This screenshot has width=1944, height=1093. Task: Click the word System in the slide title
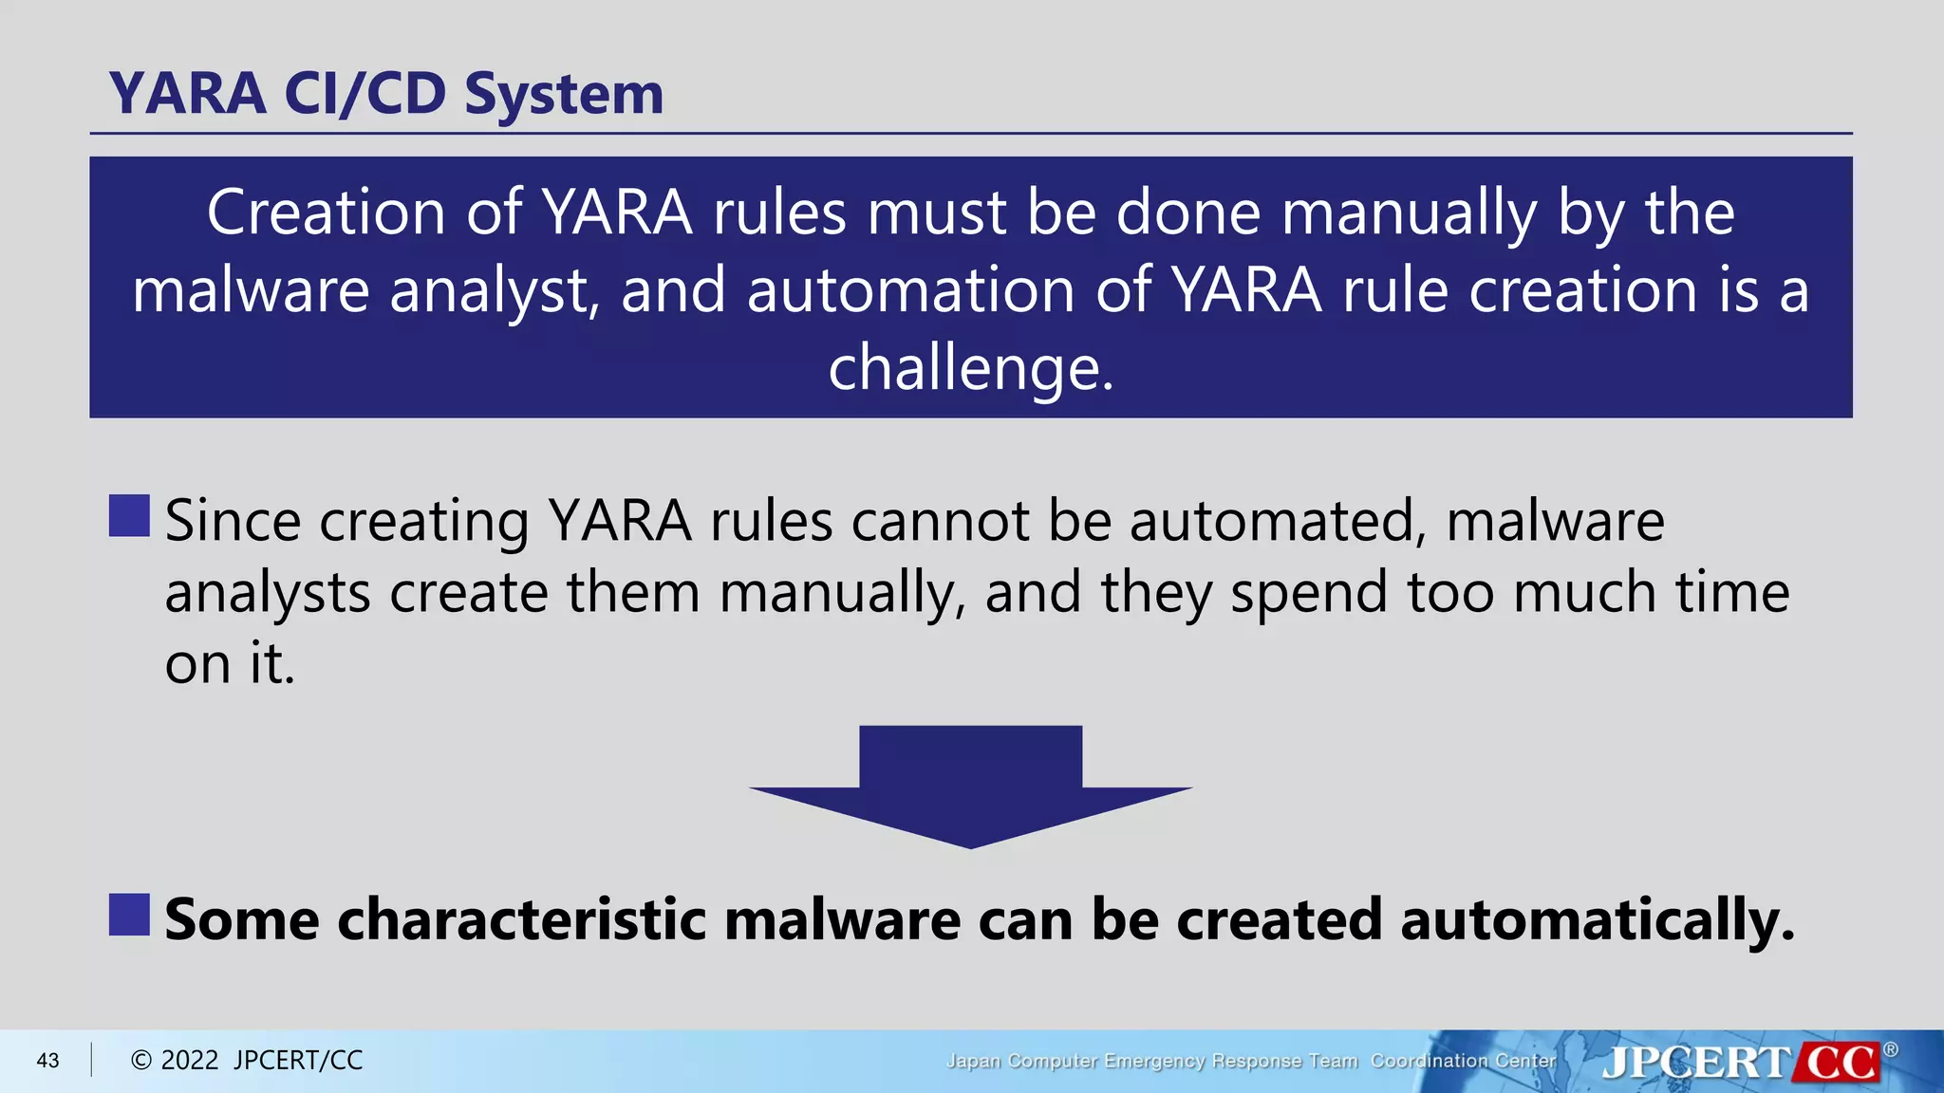point(564,95)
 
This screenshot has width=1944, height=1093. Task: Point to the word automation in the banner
point(910,290)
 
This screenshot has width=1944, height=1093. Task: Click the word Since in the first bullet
point(233,521)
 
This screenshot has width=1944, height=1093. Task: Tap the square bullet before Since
point(129,516)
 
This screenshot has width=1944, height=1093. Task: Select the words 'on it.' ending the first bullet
point(230,663)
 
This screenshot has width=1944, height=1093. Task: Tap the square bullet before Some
point(129,915)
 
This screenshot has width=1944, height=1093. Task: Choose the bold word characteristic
point(521,919)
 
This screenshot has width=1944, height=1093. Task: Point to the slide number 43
point(47,1061)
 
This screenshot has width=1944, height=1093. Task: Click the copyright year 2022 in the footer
point(190,1061)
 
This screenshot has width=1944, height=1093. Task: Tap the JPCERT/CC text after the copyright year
point(298,1061)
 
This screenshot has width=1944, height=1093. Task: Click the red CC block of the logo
point(1840,1062)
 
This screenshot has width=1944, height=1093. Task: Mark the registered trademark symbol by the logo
point(1891,1049)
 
